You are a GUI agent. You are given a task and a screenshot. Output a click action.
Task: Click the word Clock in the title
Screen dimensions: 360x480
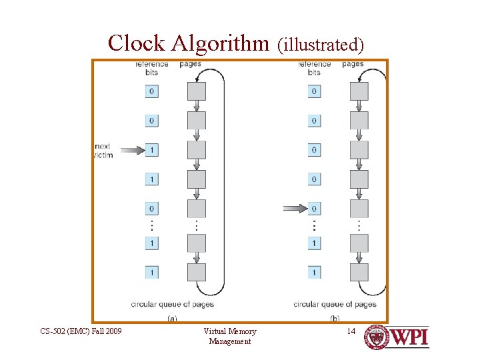click(x=136, y=43)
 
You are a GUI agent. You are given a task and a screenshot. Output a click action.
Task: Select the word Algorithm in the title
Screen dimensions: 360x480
click(x=221, y=43)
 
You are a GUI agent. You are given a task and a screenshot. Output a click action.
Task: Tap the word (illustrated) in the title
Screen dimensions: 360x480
click(x=321, y=45)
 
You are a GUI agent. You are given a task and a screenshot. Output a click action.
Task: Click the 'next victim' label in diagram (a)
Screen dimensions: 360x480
click(x=104, y=150)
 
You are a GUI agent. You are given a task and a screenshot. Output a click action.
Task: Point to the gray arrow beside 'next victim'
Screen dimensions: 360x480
click(x=132, y=150)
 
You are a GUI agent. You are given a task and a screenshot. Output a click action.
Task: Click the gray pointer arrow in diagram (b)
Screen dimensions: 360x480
click(x=294, y=209)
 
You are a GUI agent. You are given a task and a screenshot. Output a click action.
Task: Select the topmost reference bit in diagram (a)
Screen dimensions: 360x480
click(x=152, y=91)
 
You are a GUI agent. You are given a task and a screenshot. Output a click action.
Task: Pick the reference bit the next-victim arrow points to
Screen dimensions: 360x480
click(x=152, y=150)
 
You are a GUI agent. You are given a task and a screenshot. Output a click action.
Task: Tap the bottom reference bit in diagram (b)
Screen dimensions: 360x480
click(x=314, y=272)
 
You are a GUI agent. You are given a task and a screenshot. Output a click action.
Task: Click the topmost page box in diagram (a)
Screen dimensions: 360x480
click(x=197, y=91)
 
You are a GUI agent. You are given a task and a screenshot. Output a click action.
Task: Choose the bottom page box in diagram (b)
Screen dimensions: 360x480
click(x=359, y=272)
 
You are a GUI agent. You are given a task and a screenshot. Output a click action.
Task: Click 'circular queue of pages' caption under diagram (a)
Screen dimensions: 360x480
click(x=172, y=304)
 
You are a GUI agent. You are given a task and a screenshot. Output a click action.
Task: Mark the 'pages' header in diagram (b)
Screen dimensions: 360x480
click(x=353, y=64)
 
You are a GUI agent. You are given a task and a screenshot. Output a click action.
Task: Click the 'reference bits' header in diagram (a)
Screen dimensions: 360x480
click(x=152, y=68)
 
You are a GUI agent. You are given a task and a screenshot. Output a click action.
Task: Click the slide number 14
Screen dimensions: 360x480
click(x=351, y=331)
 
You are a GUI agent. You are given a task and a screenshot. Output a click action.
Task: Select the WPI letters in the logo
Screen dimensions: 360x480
click(x=409, y=337)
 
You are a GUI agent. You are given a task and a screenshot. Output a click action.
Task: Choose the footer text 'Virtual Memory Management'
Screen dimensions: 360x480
click(x=229, y=336)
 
